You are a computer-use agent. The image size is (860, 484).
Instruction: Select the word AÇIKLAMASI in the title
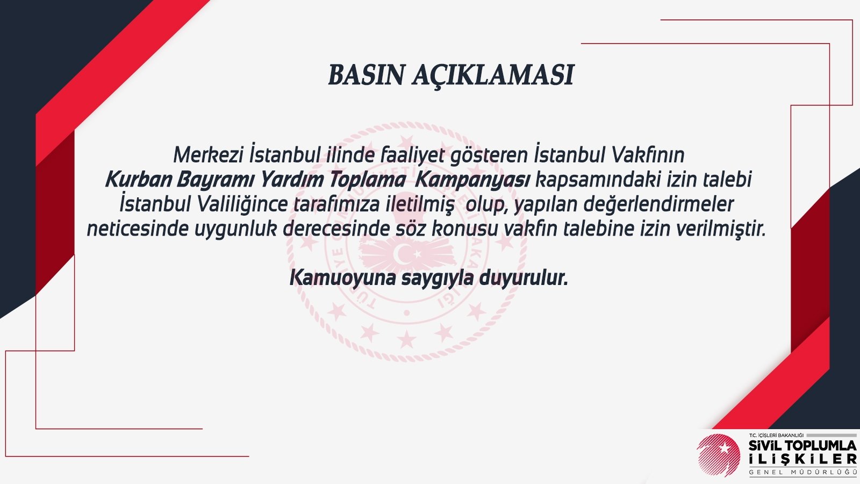493,76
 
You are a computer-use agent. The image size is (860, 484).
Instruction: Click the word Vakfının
648,155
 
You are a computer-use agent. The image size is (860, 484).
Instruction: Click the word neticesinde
138,229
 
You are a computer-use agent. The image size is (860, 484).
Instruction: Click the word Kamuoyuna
342,278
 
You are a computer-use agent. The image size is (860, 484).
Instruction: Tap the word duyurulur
524,278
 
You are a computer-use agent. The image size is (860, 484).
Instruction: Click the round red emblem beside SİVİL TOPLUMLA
718,455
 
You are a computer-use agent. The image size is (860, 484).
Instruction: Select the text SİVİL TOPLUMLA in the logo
802,446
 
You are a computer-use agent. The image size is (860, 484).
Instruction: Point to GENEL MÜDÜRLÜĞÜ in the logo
803,472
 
